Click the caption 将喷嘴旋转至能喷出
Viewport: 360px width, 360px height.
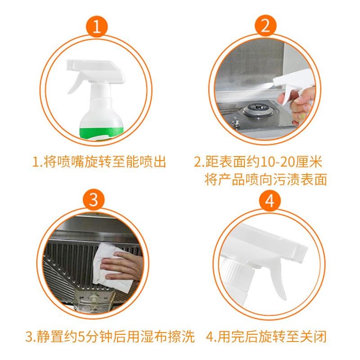(x=99, y=161)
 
